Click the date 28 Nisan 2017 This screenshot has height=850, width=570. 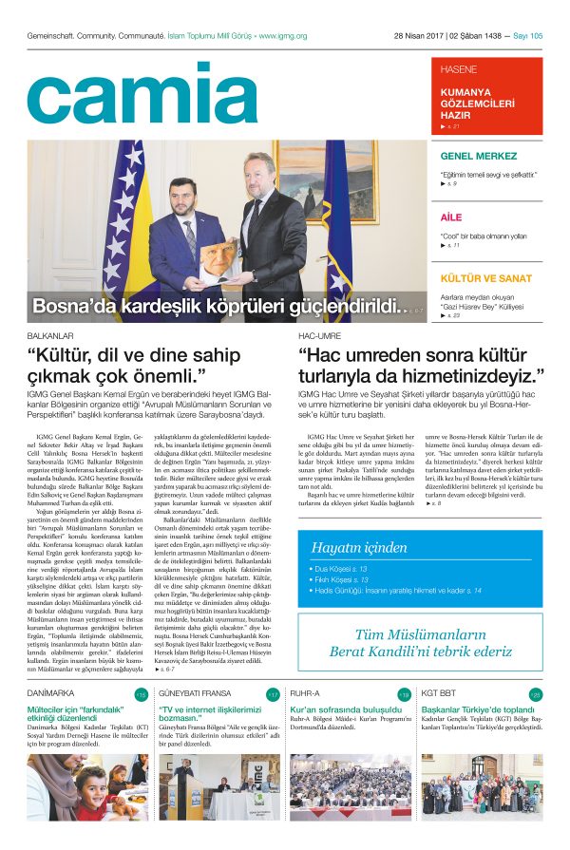pos(421,36)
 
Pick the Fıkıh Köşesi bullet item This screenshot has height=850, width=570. pos(343,579)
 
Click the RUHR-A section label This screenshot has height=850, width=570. pos(306,694)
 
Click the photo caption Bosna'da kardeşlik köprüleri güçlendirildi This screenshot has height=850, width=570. pos(214,306)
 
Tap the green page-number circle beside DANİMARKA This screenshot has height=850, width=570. pos(141,695)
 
